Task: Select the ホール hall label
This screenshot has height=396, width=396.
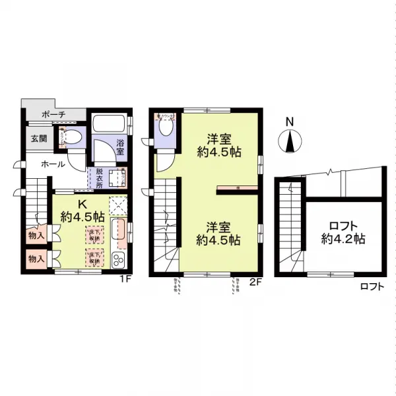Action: coord(53,164)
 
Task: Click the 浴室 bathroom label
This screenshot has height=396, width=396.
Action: coord(121,147)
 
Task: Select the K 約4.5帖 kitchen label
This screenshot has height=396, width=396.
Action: coord(82,210)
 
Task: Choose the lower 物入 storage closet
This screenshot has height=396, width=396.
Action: coord(36,259)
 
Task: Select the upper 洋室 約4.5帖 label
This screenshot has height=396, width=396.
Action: coord(218,145)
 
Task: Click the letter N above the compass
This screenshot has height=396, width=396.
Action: coord(289,121)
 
